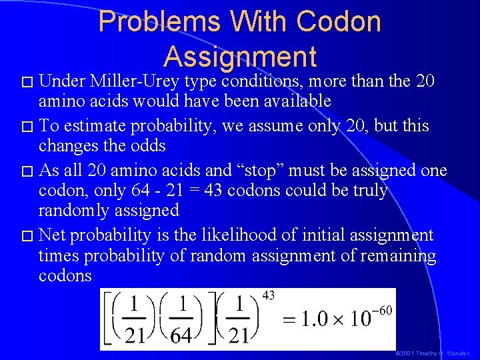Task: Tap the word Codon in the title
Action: point(339,22)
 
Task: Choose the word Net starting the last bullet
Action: point(53,235)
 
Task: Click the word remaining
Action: point(401,255)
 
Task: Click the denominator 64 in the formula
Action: point(181,335)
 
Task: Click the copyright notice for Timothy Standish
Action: point(433,353)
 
